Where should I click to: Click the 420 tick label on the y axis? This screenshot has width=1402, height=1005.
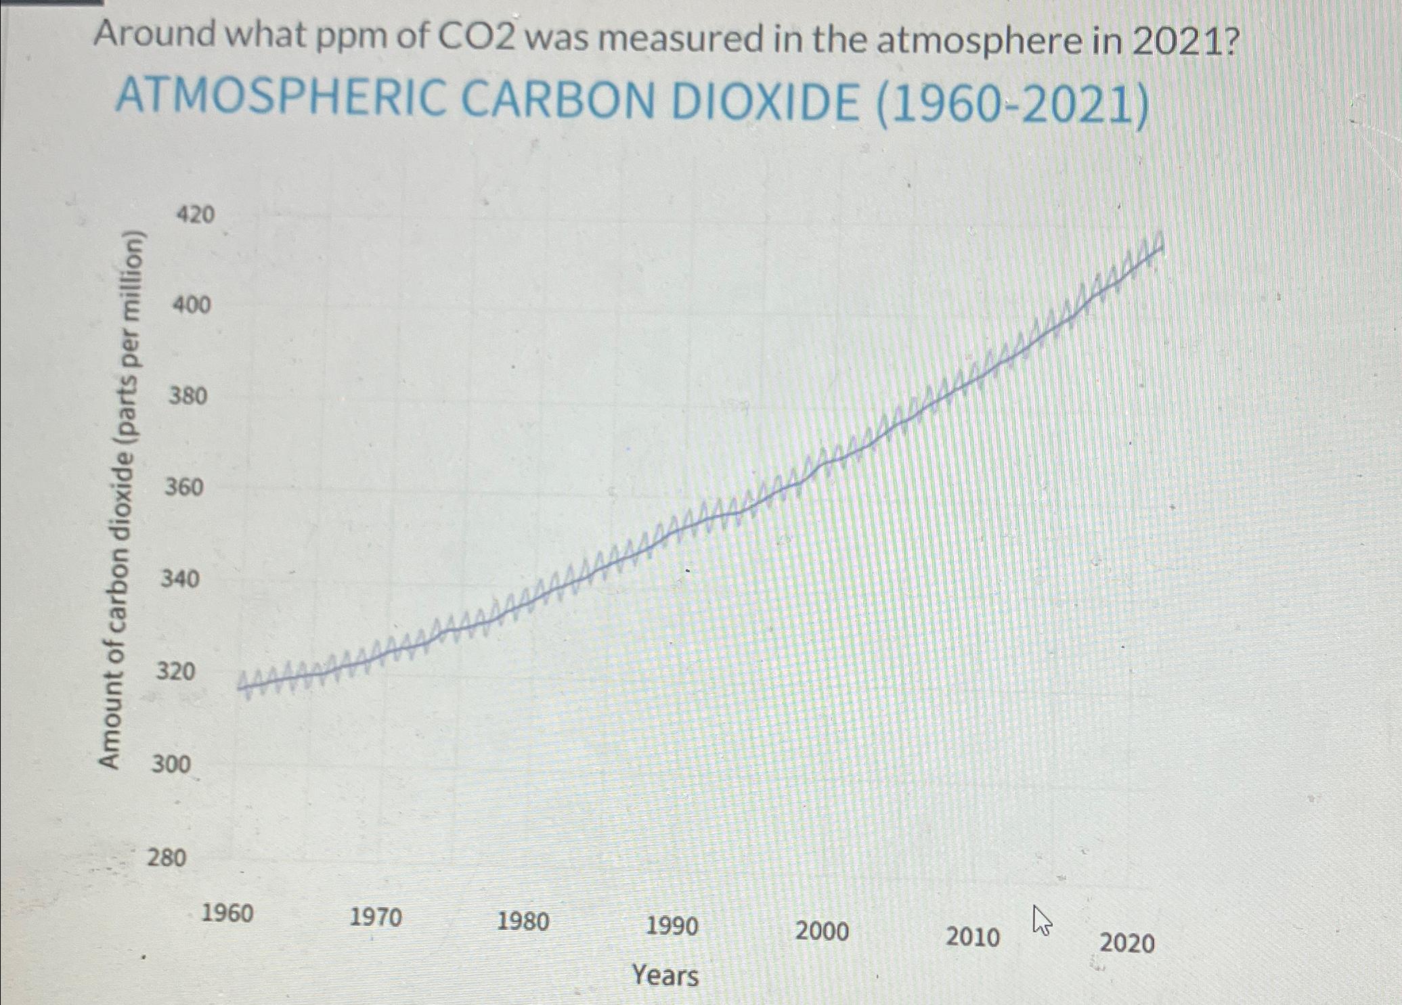pyautogui.click(x=195, y=215)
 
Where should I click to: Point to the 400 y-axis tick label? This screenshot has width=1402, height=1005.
pyautogui.click(x=192, y=305)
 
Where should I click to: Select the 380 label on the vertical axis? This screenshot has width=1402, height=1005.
pyautogui.click(x=188, y=395)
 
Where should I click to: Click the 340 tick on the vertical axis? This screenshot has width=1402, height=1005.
pyautogui.click(x=179, y=579)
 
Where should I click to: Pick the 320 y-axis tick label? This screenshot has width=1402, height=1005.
pyautogui.click(x=175, y=671)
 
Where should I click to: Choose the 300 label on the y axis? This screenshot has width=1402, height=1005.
pyautogui.click(x=171, y=764)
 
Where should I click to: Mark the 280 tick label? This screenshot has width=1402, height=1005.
pyautogui.click(x=167, y=857)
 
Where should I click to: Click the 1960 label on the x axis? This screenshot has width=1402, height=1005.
pyautogui.click(x=227, y=914)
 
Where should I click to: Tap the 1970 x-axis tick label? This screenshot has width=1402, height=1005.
pyautogui.click(x=376, y=918)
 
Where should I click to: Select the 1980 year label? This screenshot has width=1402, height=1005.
pyautogui.click(x=523, y=922)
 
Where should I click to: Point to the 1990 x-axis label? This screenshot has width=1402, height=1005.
pyautogui.click(x=672, y=926)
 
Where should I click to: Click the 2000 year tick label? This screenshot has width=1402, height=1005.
pyautogui.click(x=822, y=931)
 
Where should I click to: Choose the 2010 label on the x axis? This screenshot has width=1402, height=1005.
pyautogui.click(x=973, y=937)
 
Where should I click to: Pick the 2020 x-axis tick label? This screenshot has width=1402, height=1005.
pyautogui.click(x=1127, y=942)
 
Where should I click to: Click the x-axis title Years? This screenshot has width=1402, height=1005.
pyautogui.click(x=665, y=976)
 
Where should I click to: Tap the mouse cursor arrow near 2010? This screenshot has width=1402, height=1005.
pyautogui.click(x=1042, y=920)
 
